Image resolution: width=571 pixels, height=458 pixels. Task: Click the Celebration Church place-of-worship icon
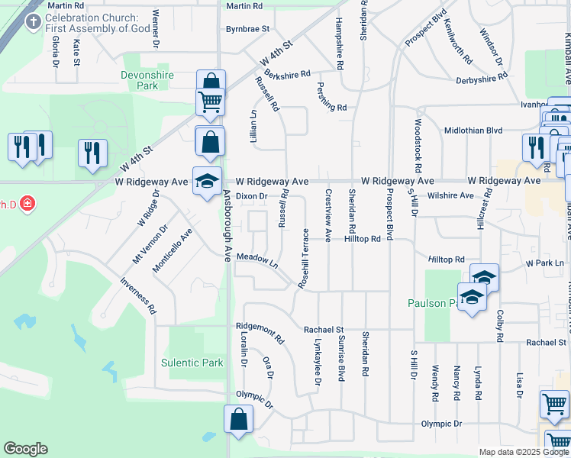[33, 21]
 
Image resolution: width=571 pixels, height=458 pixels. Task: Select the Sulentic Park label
[192, 363]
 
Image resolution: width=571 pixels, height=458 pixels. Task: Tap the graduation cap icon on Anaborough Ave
[207, 182]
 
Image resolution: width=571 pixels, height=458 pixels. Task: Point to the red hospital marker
[27, 204]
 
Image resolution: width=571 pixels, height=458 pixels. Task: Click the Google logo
[25, 449]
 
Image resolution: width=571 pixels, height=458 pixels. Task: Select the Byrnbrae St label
[247, 29]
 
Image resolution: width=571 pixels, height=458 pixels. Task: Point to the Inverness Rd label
[138, 295]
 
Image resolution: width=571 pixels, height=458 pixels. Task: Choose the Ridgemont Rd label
[260, 332]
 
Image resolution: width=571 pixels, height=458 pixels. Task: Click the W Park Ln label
[547, 263]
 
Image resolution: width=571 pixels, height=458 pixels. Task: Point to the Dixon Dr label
[250, 196]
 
